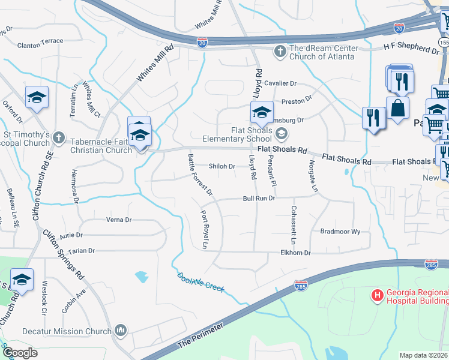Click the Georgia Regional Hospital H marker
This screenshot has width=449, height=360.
[378, 295]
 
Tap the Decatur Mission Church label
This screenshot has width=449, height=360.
[67, 331]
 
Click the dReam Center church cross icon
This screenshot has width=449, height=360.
[280, 51]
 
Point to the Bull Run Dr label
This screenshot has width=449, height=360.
[259, 198]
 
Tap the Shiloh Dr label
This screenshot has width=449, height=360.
[221, 166]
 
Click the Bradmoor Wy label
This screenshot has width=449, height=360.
[340, 231]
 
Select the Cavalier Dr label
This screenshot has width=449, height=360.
[282, 84]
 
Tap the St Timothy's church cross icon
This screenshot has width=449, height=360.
[58, 137]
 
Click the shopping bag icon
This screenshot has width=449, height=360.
[397, 108]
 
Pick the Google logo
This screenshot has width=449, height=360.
[20, 353]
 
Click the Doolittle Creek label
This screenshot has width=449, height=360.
[201, 284]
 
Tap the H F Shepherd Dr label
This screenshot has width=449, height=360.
[412, 47]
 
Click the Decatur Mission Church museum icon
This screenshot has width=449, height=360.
[121, 330]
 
